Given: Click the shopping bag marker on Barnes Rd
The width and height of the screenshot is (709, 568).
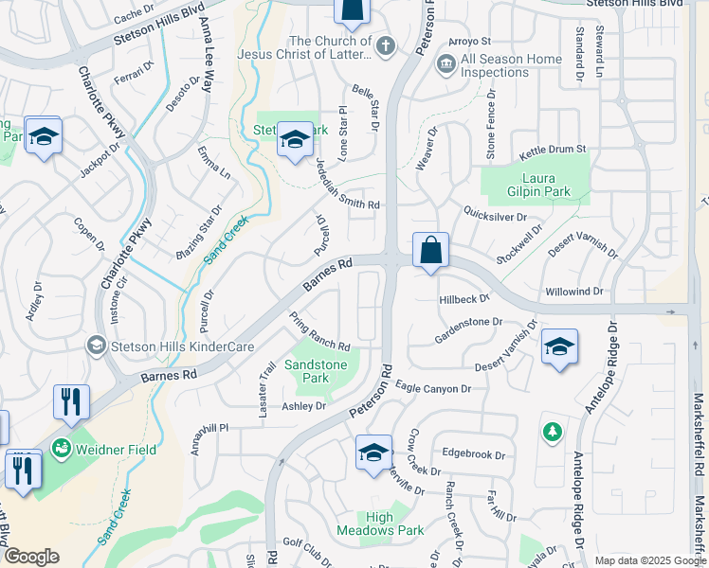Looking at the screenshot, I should click(x=430, y=252).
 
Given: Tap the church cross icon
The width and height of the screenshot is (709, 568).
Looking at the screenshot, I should click(x=386, y=45).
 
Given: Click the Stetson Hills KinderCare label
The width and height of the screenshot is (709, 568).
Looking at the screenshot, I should click(x=182, y=346).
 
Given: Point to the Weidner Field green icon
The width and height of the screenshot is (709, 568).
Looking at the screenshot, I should click(x=62, y=446).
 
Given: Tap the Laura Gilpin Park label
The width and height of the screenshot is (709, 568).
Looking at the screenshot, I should click(x=536, y=185).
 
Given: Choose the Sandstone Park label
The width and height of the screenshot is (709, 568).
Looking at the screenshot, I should click(x=317, y=371).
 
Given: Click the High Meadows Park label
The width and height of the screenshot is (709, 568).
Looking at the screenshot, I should click(x=380, y=524).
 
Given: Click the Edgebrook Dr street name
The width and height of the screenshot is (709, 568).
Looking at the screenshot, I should click(x=473, y=454).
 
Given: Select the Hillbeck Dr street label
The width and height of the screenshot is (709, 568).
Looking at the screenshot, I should click(x=464, y=297).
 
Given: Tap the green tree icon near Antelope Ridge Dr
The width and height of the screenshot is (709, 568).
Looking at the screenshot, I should click(x=552, y=432).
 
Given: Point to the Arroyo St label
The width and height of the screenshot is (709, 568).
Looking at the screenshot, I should click(x=469, y=42).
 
